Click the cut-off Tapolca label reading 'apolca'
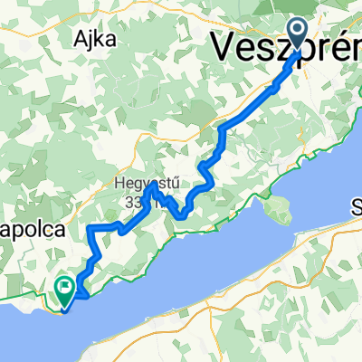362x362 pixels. [x=33, y=231]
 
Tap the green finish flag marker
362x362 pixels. [x=64, y=289]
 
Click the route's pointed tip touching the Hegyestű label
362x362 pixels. [x=150, y=186]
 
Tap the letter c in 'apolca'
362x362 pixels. [x=51, y=232]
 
